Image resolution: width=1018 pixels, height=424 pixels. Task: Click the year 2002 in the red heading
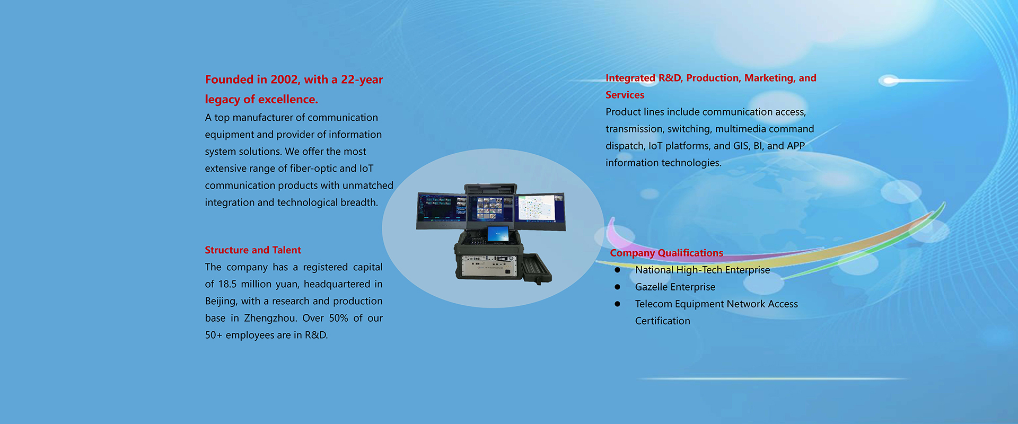point(284,79)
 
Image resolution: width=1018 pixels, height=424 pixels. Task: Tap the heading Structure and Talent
point(253,250)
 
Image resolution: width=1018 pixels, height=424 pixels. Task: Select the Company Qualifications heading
point(666,253)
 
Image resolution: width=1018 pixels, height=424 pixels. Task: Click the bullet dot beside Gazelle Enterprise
point(617,287)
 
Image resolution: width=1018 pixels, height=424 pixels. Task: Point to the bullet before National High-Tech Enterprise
point(617,270)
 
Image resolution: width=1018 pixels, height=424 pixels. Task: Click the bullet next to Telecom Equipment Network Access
point(617,304)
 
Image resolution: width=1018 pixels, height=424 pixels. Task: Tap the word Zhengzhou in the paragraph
point(270,318)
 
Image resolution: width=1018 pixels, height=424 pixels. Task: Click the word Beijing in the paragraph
point(221,302)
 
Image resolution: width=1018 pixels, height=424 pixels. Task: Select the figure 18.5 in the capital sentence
point(227,284)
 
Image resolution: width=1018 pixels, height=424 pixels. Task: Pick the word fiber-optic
point(313,169)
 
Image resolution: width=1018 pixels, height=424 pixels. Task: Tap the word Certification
point(663,321)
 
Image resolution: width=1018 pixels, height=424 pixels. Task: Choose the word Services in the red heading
point(625,95)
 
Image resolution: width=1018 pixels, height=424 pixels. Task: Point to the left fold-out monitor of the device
point(442,211)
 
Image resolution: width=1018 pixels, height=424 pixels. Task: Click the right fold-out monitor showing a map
point(539,211)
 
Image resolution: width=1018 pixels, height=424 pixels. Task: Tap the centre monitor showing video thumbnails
point(490,208)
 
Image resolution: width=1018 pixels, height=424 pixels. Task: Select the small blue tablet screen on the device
point(498,234)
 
